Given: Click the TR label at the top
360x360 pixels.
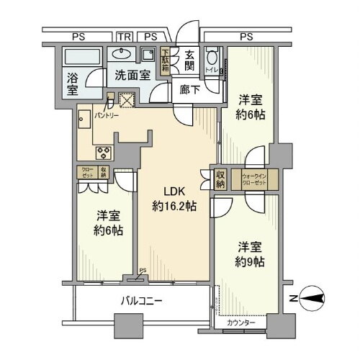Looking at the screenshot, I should coord(125,35).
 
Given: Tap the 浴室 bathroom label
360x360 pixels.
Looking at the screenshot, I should coord(73,83).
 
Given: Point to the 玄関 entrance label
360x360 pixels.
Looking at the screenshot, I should coord(189,60).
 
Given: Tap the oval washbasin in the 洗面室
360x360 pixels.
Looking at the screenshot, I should coord(121,53).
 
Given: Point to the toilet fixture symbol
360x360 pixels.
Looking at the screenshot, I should coord(211,60).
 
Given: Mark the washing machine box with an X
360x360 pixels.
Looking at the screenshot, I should coord(127,102).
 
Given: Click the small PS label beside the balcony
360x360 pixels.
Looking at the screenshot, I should coord(143,272).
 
